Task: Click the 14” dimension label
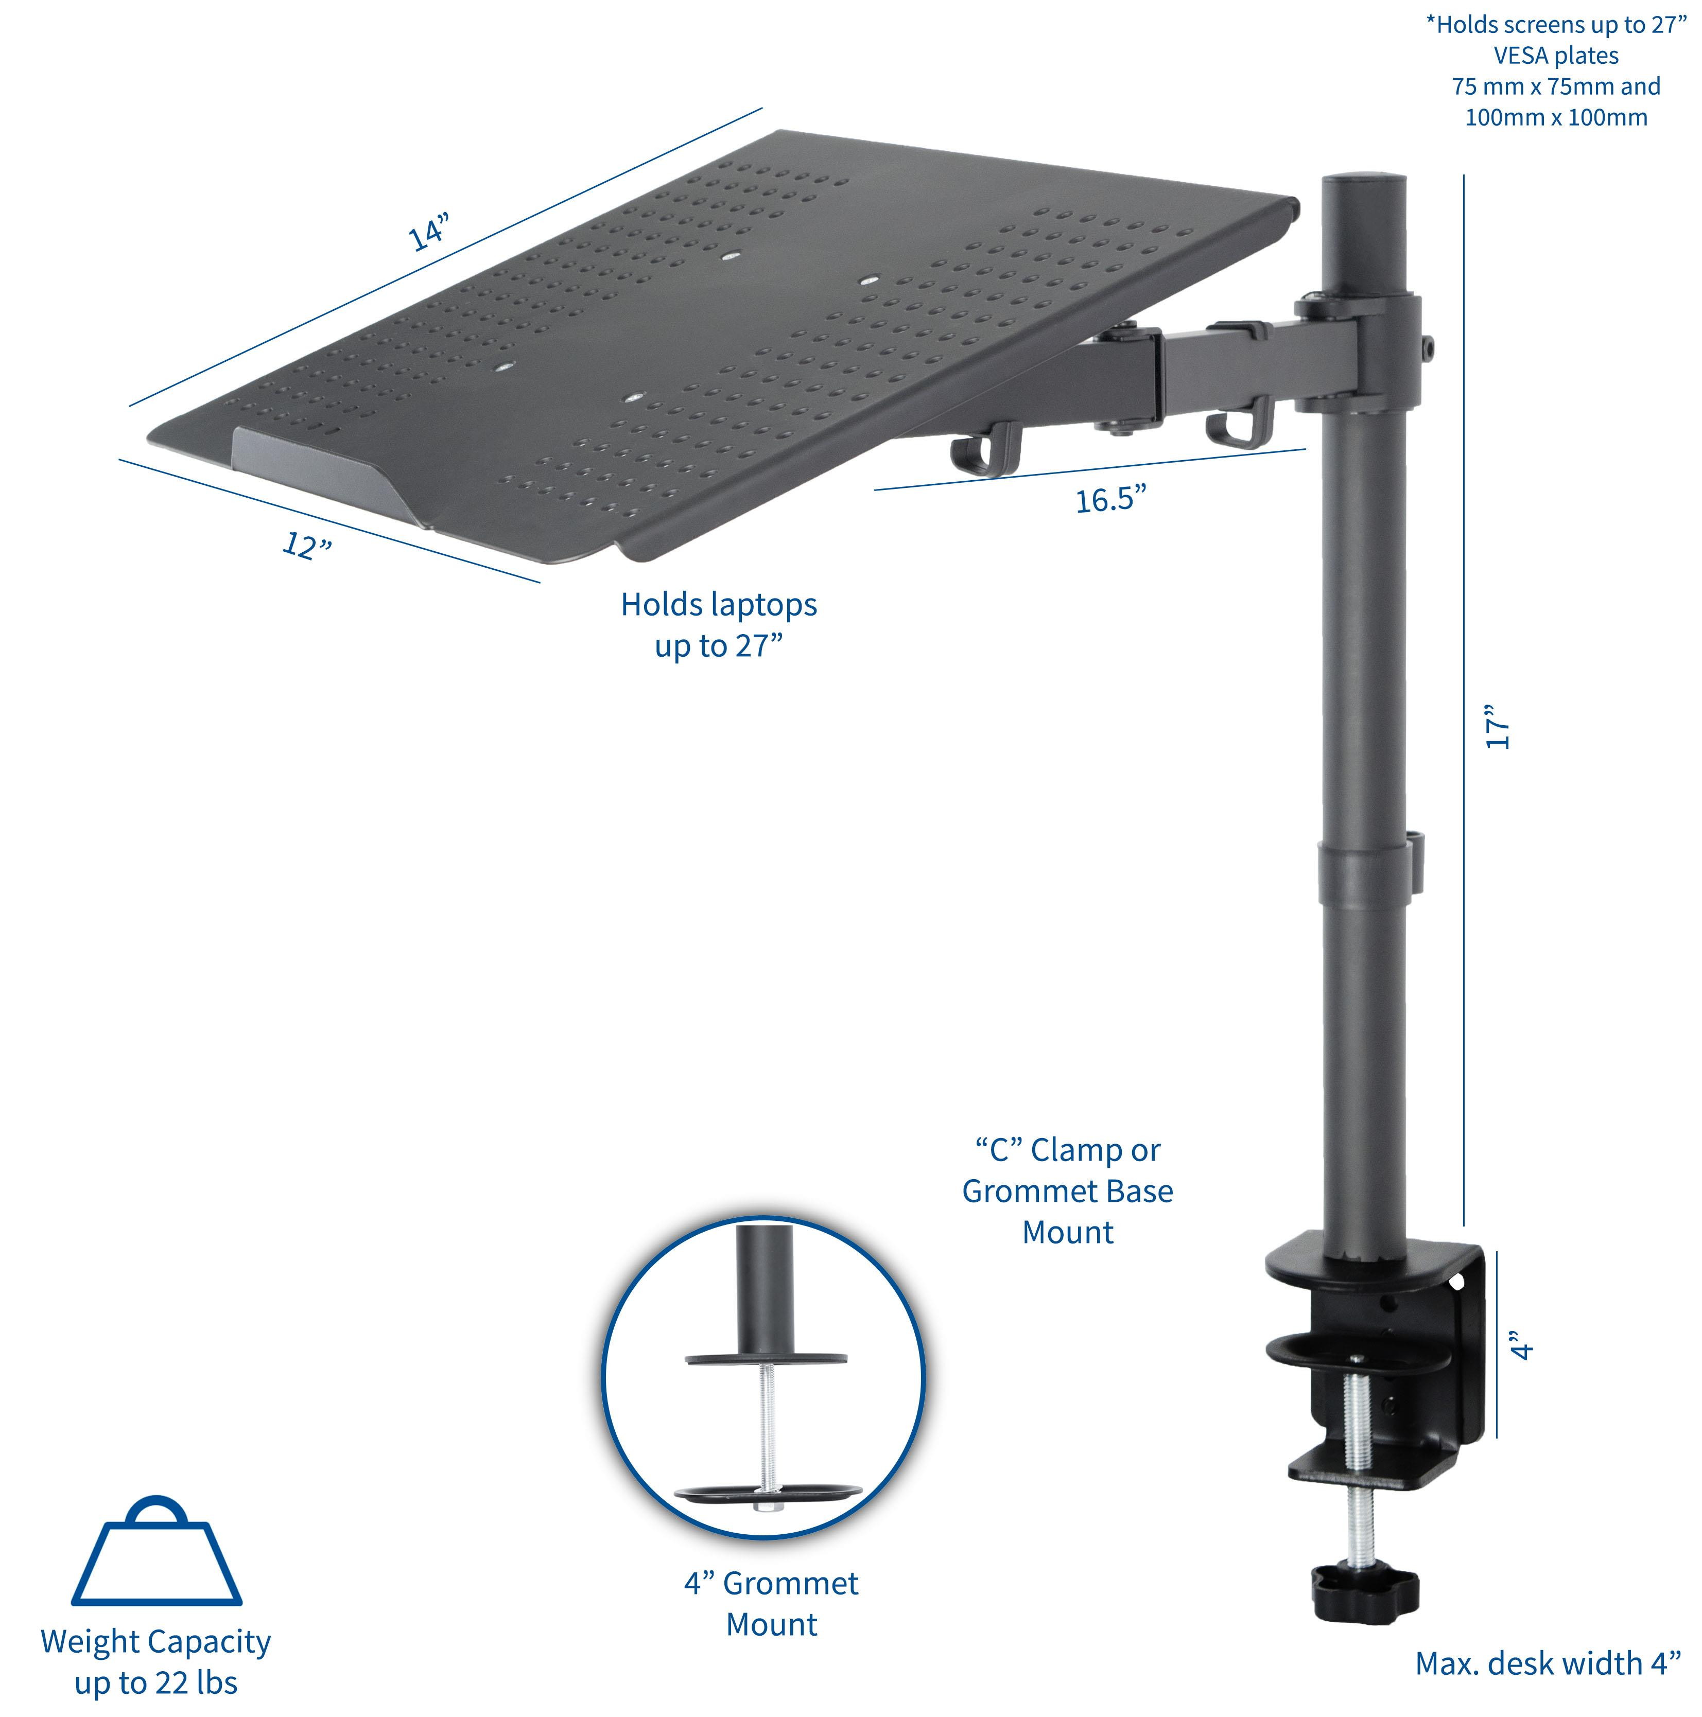click(429, 231)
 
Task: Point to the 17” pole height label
click(1499, 726)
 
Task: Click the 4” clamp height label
click(1522, 1345)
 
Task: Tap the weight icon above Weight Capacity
click(157, 1553)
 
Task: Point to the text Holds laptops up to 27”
click(718, 625)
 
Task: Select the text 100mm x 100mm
click(1555, 117)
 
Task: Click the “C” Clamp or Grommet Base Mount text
click(1067, 1191)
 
